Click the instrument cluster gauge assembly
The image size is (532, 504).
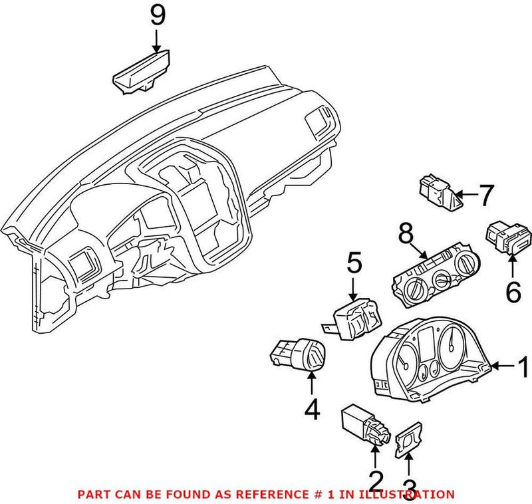pyautogui.click(x=428, y=360)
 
